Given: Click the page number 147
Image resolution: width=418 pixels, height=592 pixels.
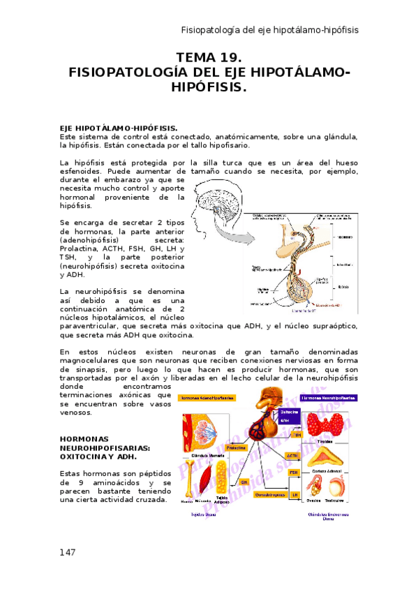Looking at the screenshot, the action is pos(68,552).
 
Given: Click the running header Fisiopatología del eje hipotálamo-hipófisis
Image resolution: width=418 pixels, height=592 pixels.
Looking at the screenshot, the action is pos(269,30).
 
